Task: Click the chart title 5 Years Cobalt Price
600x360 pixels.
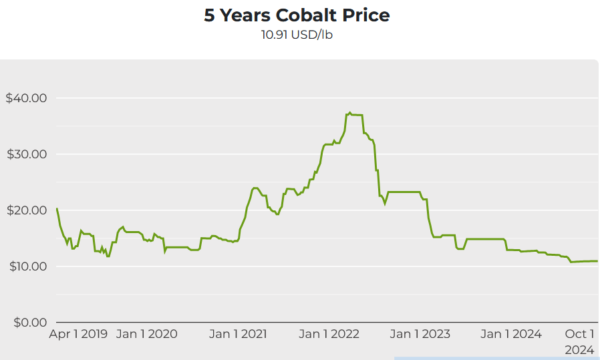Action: (297, 15)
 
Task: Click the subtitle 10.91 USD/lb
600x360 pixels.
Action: (297, 35)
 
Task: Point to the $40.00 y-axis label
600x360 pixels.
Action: (26, 98)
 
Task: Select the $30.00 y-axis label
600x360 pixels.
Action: (26, 154)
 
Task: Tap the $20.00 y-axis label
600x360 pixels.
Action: (26, 210)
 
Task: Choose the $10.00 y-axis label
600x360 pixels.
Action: (26, 266)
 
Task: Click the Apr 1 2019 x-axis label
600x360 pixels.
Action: (78, 334)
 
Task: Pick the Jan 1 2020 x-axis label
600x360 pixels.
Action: (147, 334)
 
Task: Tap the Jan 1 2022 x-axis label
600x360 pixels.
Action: (329, 334)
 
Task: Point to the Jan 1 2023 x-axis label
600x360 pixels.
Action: (420, 334)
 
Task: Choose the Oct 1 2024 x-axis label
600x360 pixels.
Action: (579, 341)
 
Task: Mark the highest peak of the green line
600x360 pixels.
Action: (350, 113)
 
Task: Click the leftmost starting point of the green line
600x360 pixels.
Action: (57, 208)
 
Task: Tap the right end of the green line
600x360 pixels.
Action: (597, 261)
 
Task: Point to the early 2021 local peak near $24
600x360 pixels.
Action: (255, 188)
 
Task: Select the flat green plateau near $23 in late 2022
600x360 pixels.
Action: (404, 192)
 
